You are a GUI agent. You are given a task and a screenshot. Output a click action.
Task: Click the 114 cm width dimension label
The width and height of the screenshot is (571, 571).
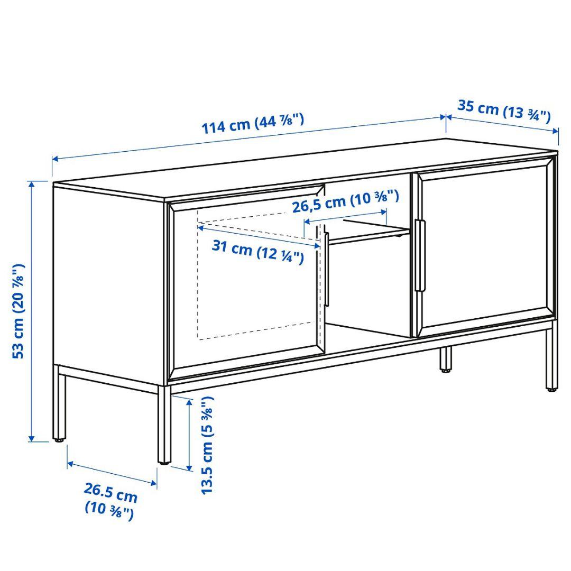[x=253, y=123]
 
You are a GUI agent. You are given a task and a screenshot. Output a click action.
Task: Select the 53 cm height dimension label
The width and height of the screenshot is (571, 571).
[x=19, y=310]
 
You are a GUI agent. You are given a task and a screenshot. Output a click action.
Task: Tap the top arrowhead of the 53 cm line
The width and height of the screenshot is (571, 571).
[x=32, y=183]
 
